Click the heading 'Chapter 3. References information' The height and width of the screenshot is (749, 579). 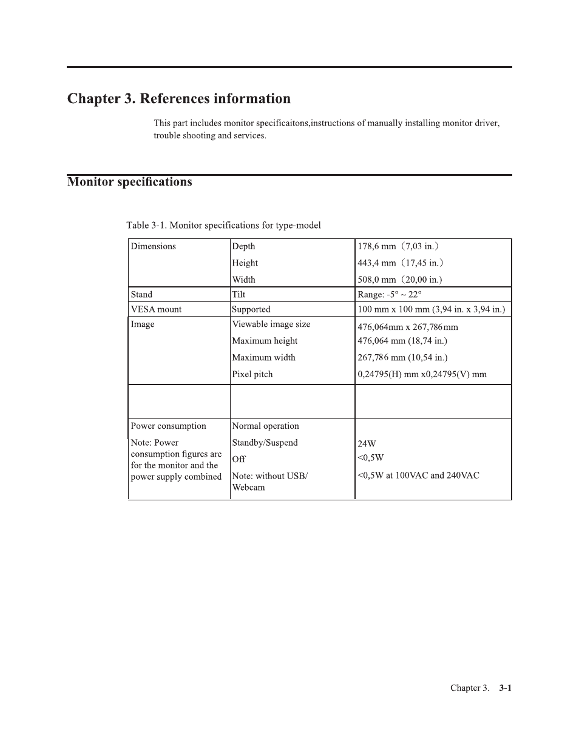tap(178, 99)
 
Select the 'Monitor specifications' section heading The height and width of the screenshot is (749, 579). tap(129, 182)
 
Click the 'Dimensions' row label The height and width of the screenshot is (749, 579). tap(153, 246)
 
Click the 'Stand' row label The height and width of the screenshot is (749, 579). tap(141, 295)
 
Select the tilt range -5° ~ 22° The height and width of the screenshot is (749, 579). tap(389, 295)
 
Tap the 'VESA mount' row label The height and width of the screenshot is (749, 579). tap(156, 309)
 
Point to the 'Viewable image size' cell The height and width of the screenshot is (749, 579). tap(271, 324)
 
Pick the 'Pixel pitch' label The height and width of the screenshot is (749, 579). tap(252, 374)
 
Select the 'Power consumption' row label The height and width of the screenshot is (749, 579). tap(168, 426)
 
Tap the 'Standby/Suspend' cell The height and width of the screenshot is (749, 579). tap(265, 443)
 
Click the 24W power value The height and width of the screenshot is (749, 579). tap(367, 444)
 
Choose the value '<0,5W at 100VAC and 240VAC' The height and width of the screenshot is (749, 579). tap(418, 475)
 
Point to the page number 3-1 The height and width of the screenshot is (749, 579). tap(506, 688)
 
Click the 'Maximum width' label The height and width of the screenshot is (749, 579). tap(263, 358)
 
